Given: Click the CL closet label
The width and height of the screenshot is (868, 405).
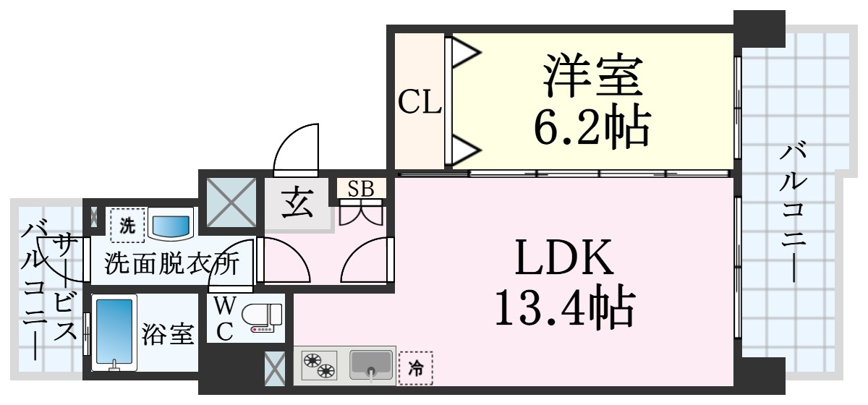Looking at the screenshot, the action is pos(420,101).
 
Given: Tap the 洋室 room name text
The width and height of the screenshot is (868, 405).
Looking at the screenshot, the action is pos(593,75).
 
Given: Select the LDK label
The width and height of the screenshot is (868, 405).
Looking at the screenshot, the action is pos(564,257).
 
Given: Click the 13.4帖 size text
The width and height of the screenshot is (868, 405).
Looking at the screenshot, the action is pos(565,307).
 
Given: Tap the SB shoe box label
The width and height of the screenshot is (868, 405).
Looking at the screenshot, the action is pos(361,189).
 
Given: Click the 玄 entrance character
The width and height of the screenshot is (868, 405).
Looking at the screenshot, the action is pos(297,202).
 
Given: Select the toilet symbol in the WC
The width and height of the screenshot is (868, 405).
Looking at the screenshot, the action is pos(263,317).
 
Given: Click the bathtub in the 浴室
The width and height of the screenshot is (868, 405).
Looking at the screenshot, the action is pos(114,332).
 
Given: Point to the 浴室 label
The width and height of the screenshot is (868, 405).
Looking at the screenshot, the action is pos(167,333).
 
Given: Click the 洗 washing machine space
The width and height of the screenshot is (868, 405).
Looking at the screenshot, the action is pos(127,225).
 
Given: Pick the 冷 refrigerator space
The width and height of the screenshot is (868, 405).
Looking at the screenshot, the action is pos(416,368).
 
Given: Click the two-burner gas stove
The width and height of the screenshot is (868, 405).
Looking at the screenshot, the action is pos(319,366).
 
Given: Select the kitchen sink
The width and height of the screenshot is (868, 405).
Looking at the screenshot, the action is pos(371,365).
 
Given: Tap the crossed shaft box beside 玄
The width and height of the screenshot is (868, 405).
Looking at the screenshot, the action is pos(231,202).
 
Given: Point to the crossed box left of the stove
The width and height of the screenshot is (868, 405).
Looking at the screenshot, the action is pos(275,369).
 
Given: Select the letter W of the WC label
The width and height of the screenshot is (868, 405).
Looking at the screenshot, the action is pos(225,306).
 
